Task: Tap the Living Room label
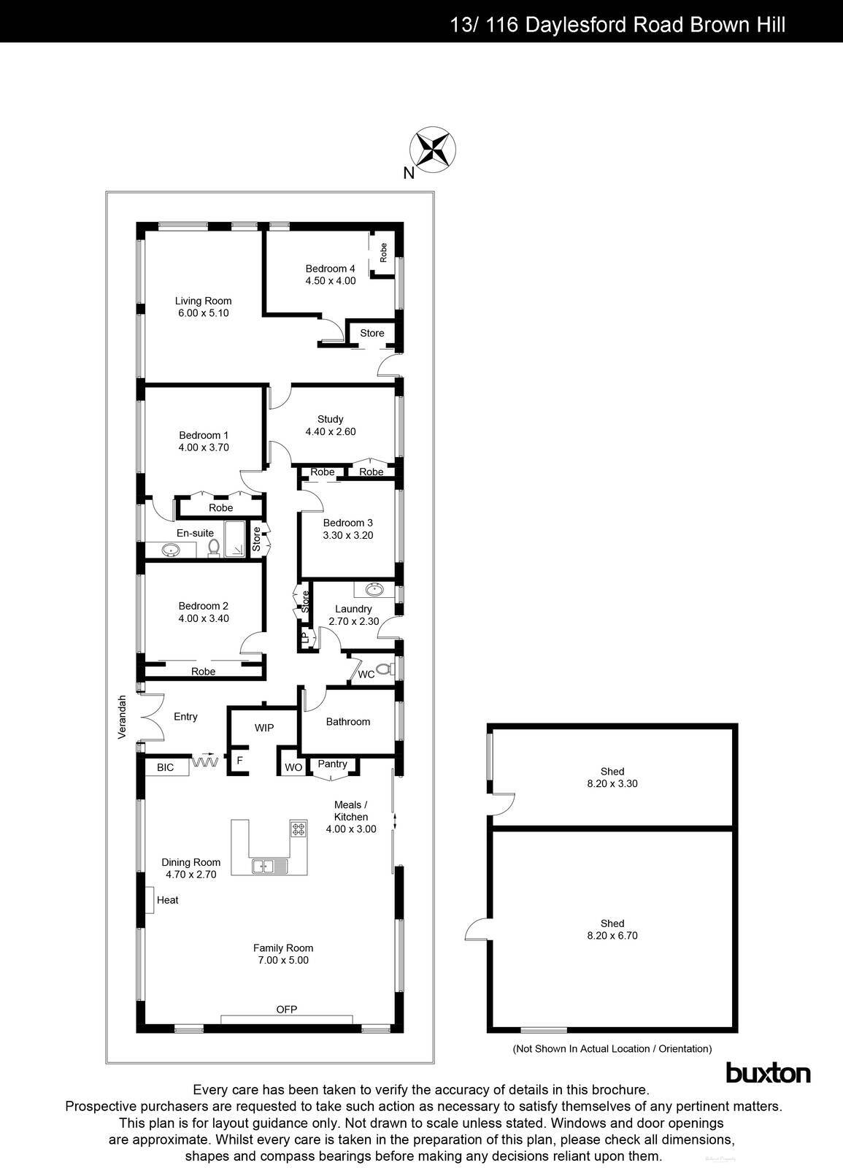[203, 301]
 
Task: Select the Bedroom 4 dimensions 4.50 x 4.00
[331, 280]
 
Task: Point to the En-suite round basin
[172, 550]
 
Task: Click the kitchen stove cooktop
[299, 829]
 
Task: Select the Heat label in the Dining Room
[167, 900]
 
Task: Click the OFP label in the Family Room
[286, 1010]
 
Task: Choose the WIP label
[264, 728]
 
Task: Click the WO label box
[293, 767]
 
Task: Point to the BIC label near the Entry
[166, 767]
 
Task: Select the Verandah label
[123, 717]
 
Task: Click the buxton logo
[768, 1073]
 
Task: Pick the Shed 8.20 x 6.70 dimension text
[612, 935]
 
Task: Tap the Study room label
[330, 419]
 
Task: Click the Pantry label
[332, 764]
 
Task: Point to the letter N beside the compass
[409, 173]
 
